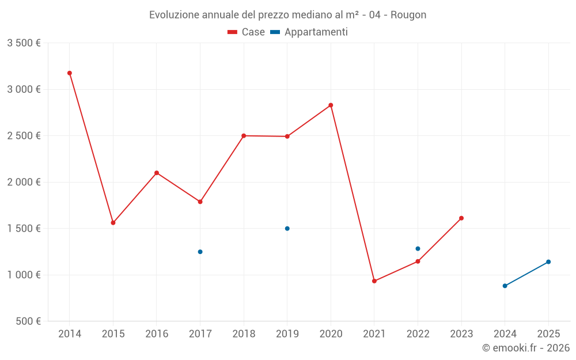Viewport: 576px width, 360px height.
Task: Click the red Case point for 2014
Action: click(x=70, y=73)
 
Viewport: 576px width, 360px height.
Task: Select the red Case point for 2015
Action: click(x=113, y=222)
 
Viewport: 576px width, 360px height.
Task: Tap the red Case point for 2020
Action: click(x=331, y=105)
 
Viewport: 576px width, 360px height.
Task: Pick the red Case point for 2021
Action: click(x=374, y=281)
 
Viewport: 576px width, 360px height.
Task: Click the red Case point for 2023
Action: click(x=461, y=218)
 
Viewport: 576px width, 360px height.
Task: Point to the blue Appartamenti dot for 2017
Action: click(x=200, y=252)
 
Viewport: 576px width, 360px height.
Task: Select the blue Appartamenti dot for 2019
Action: click(x=287, y=229)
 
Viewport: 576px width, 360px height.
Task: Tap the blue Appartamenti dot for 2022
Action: click(x=418, y=249)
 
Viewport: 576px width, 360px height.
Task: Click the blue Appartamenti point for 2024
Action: click(x=505, y=286)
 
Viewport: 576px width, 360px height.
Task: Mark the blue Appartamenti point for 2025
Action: click(x=548, y=262)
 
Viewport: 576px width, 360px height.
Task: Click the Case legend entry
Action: click(x=246, y=32)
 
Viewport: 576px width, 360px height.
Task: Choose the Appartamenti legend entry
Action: click(x=309, y=32)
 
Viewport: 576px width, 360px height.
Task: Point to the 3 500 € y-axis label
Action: click(x=24, y=43)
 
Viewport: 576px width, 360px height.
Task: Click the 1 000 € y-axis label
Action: click(x=24, y=275)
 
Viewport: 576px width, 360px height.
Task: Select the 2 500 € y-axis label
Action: click(x=24, y=136)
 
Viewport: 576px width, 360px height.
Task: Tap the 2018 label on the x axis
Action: click(x=244, y=334)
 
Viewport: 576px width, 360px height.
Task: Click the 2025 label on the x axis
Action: click(x=548, y=334)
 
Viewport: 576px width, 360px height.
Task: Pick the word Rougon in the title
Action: click(x=408, y=15)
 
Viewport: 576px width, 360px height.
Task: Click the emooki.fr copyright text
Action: click(x=526, y=347)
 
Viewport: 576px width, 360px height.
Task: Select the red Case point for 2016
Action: click(x=157, y=173)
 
